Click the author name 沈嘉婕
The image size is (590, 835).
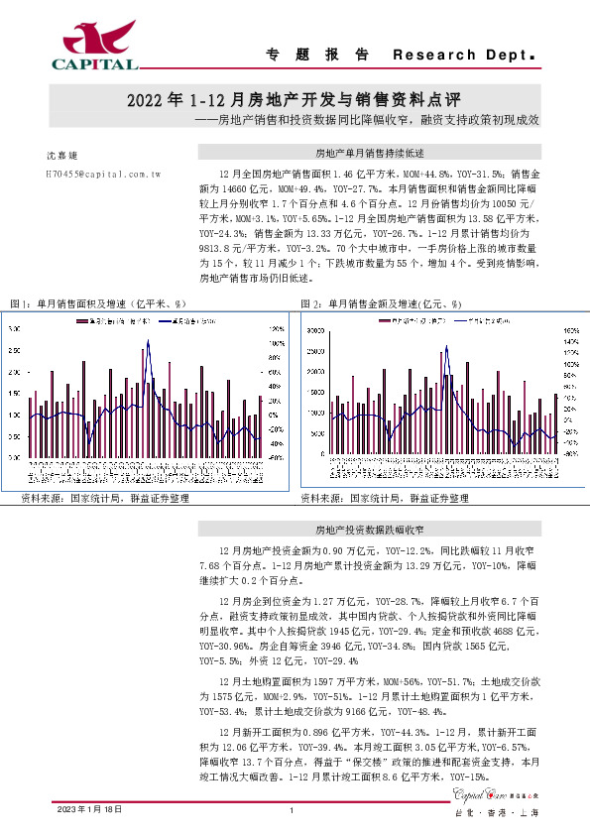point(61,156)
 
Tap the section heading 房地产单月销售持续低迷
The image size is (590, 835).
point(369,154)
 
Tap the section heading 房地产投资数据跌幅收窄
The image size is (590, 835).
point(369,530)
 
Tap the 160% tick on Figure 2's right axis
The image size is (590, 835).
point(571,330)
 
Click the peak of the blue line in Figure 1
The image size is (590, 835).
point(149,341)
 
